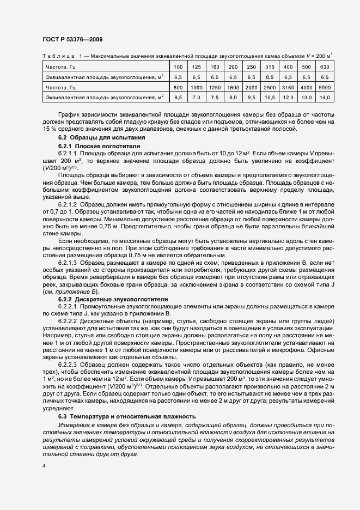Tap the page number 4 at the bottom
[x=44, y=466]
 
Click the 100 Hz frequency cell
[x=178, y=67]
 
